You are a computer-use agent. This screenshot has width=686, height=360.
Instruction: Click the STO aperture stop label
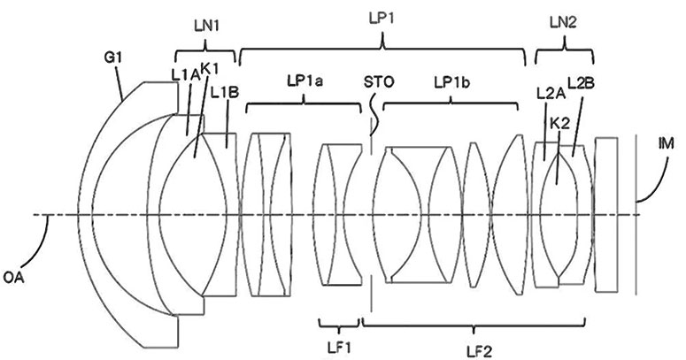pos(378,82)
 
